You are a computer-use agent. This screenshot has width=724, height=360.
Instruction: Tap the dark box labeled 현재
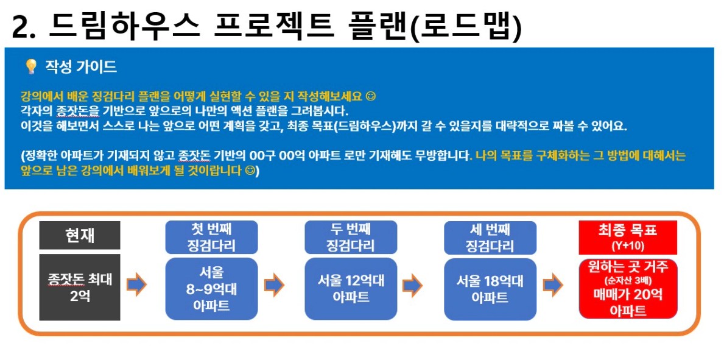[79, 235]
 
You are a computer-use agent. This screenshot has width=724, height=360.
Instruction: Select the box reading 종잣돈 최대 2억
[79, 287]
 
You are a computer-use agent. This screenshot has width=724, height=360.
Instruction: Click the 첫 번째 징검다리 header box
[211, 237]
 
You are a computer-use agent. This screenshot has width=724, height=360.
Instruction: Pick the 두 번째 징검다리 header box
[351, 237]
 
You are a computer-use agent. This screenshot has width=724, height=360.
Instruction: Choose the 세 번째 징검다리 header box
[490, 237]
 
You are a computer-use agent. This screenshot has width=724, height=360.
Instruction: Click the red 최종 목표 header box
[628, 237]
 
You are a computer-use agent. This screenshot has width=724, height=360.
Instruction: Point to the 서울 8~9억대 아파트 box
[211, 289]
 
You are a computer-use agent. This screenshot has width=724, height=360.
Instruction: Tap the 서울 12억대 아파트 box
[351, 289]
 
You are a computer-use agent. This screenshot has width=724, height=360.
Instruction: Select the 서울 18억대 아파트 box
[490, 289]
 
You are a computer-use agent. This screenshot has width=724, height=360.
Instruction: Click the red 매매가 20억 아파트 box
[628, 289]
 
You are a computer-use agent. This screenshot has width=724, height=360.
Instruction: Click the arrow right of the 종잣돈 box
[136, 285]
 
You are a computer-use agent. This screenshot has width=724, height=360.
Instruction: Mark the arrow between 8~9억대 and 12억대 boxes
[274, 285]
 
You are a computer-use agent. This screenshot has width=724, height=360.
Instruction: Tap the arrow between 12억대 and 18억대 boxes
[413, 285]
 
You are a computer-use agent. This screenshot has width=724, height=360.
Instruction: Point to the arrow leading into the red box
[553, 285]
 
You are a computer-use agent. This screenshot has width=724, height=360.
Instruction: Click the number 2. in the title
[24, 28]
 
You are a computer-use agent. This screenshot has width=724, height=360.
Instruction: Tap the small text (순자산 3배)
[628, 281]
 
